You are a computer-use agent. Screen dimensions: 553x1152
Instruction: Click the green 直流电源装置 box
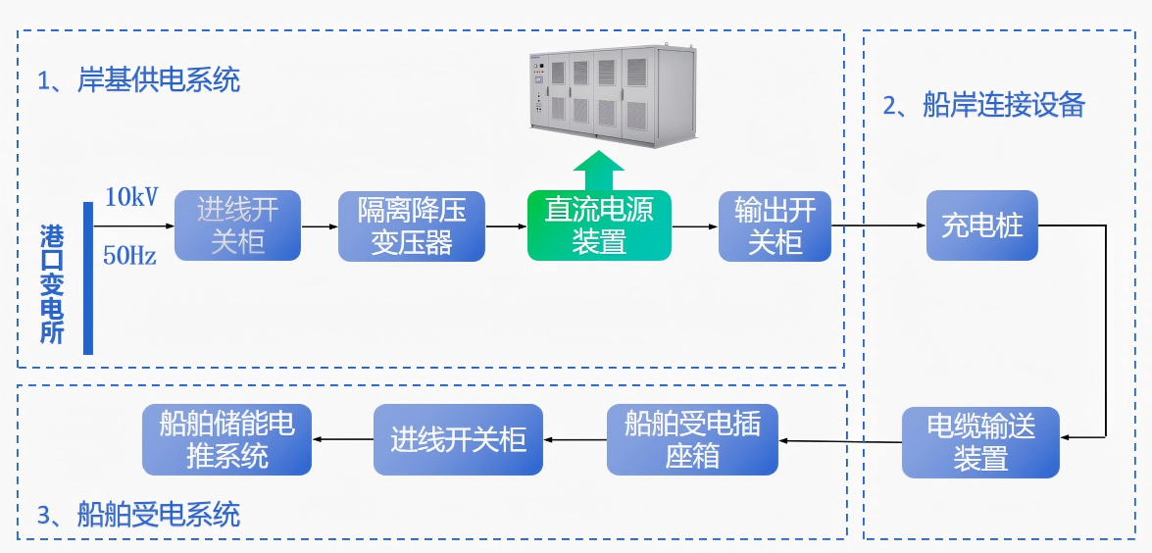coord(599,226)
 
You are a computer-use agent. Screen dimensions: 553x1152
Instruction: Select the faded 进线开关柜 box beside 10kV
coord(237,226)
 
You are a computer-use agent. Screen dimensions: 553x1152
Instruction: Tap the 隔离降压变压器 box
coord(412,226)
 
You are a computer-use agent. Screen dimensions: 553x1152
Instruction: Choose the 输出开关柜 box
coord(775,226)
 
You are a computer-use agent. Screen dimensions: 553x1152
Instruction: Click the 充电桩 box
coord(981,226)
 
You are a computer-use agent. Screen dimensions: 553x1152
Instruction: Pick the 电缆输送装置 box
coord(980,442)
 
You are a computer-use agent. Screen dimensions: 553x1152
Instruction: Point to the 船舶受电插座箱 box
coord(692,440)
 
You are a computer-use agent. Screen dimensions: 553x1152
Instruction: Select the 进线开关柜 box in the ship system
coord(458,440)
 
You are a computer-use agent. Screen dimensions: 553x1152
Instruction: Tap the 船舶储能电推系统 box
coord(226,440)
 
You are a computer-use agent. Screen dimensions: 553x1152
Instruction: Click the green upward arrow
coord(598,171)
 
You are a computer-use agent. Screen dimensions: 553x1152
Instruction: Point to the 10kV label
coord(130,197)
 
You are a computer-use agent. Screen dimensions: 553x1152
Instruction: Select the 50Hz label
coord(129,257)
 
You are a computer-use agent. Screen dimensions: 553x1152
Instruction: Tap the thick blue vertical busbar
coord(88,277)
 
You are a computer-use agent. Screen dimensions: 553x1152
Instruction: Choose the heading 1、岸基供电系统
coord(138,80)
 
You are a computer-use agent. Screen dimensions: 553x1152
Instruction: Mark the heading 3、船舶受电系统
coord(138,514)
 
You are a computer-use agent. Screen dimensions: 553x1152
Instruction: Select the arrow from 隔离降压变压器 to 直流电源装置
coord(506,226)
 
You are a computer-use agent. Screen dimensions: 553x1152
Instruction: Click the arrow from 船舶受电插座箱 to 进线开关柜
coord(575,440)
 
